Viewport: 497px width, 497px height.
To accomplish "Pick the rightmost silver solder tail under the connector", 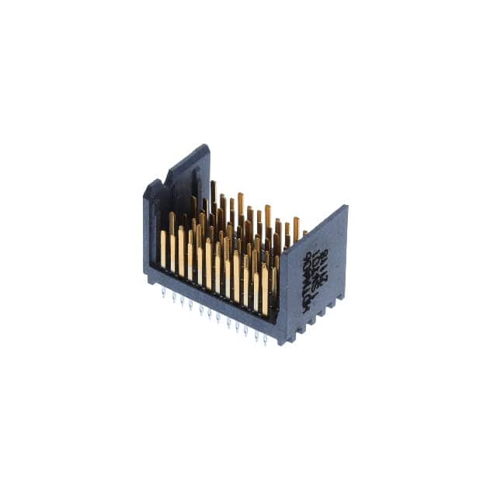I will pos(265,339).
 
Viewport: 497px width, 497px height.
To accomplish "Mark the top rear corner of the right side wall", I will pos(346,207).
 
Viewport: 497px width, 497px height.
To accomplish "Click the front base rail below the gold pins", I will pos(210,303).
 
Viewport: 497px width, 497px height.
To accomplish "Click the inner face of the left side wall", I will pos(186,186).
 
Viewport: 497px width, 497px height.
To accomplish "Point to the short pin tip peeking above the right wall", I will pos(304,231).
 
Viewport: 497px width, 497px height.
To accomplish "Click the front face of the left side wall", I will pos(151,233).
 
